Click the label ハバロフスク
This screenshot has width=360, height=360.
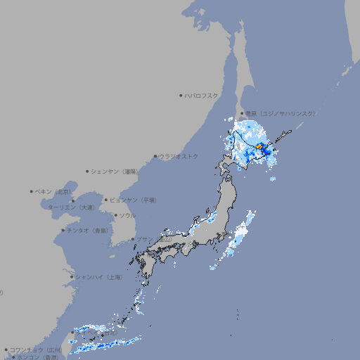202,95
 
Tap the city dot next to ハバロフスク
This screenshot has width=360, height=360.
181,95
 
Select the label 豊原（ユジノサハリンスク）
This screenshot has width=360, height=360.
281,113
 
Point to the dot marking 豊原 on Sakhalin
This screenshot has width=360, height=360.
242,113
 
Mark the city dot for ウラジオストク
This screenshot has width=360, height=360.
156,156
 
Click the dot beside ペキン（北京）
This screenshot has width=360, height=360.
32,191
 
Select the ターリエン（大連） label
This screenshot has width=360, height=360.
71,207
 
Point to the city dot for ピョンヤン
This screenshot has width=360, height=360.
106,200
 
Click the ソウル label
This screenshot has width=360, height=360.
127,215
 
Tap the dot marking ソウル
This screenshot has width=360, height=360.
115,215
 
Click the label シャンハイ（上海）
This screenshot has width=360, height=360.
99,277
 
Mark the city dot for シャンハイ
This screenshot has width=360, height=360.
72,277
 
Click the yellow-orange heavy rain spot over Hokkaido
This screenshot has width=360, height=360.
259,146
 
